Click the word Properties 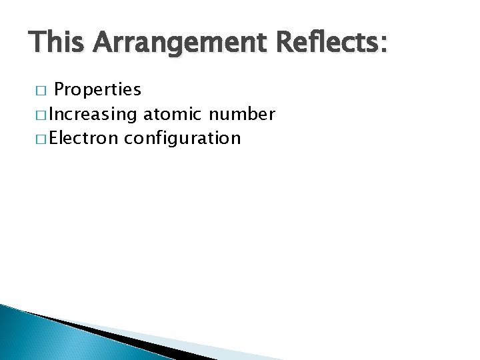point(97,90)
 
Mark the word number point(241,114)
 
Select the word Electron point(84,138)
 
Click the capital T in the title point(37,43)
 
